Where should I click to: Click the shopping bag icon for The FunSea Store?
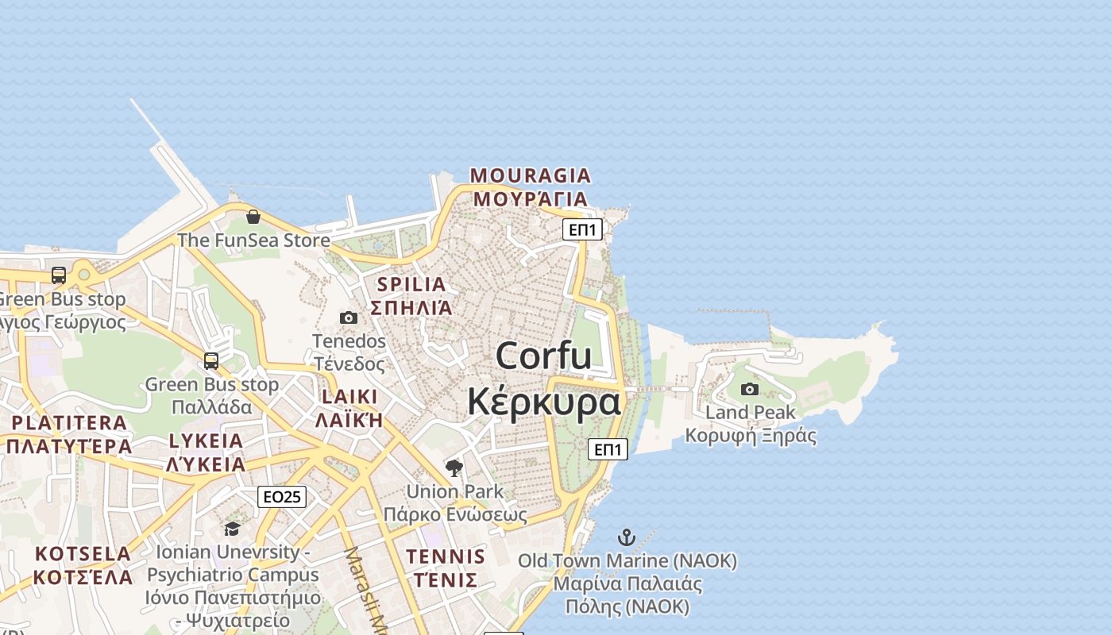(x=253, y=216)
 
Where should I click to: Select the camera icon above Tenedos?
(x=349, y=318)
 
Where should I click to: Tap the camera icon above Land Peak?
(x=750, y=389)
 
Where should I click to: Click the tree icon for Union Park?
(x=454, y=468)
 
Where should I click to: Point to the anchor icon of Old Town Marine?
(x=627, y=537)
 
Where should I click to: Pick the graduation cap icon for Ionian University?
(x=232, y=529)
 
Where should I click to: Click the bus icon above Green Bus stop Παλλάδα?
(x=211, y=361)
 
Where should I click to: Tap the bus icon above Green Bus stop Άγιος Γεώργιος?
(x=59, y=275)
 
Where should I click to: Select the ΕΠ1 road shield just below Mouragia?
(x=582, y=230)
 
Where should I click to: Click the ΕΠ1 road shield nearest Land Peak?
(x=608, y=449)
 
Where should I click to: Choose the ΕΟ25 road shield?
(x=282, y=497)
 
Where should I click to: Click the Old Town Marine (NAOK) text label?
(x=627, y=561)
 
